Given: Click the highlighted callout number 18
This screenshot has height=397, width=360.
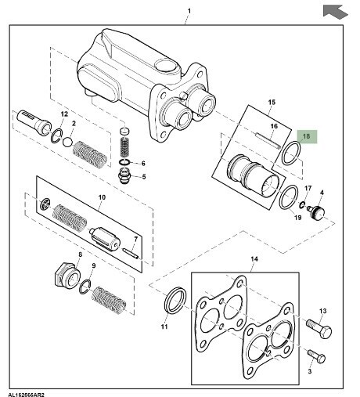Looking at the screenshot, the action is coord(306,136).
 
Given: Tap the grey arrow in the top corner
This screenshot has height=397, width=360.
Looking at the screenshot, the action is coord(335,12).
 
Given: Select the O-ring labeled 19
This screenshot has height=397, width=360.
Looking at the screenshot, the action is coord(289,197).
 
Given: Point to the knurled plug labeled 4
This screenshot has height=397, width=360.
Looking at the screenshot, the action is coord(316,212).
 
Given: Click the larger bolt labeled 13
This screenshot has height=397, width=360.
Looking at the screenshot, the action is coord(319,330).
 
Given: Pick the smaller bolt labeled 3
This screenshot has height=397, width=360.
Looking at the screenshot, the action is coord(316,356).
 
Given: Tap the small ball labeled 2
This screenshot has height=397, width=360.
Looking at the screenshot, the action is coord(67,142).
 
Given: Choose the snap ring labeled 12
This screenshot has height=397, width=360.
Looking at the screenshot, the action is coord(56,135).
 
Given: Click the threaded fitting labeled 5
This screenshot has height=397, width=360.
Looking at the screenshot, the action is coord(124,176).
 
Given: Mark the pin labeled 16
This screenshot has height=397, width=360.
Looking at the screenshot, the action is coord(268,141).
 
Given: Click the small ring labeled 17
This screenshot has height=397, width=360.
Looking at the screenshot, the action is coord(302,205).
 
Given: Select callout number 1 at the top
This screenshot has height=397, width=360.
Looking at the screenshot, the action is coord(189,11).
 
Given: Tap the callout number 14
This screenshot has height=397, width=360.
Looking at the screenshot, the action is coord(254,259).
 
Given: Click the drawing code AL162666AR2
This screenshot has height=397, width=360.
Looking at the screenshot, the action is coord(24,395).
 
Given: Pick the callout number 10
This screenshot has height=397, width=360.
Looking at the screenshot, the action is coord(102,197).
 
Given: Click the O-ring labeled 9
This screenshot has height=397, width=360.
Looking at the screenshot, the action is coord(85,287).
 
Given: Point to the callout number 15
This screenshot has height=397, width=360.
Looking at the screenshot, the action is coord(272,102).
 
